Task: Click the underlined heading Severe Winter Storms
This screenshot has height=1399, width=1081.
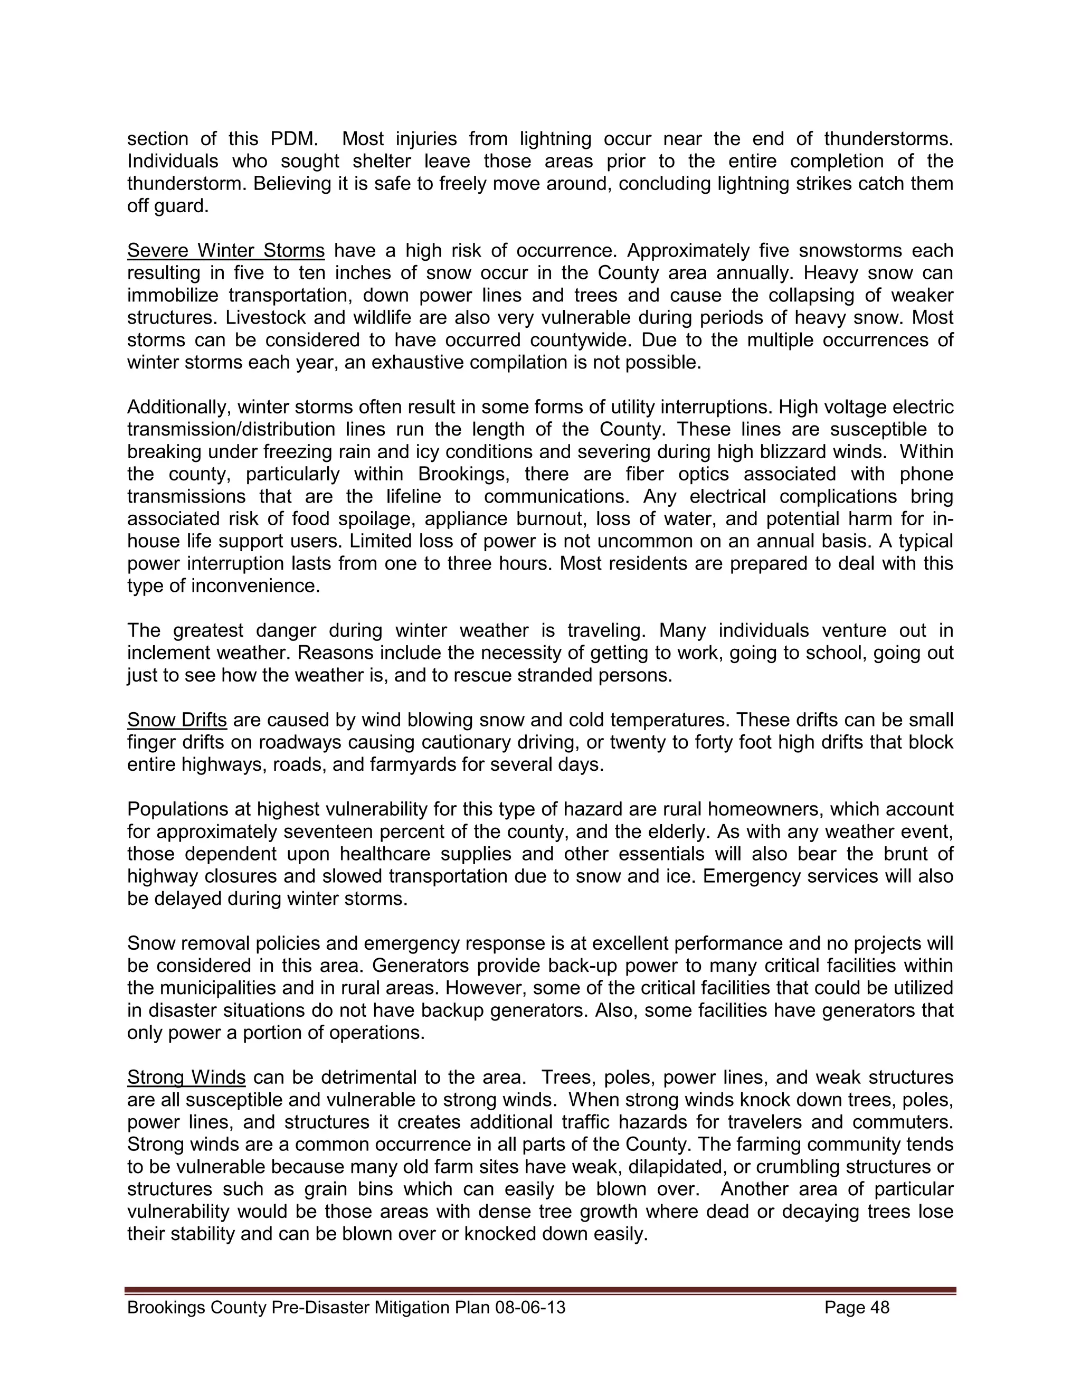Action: coord(225,250)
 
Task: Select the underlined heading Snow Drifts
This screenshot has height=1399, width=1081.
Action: coord(177,720)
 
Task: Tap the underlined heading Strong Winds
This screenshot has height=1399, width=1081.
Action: coord(186,1077)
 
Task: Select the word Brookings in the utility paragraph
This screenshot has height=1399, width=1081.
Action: coord(460,475)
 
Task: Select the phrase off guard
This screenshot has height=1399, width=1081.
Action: coord(168,206)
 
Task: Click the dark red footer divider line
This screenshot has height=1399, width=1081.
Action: coord(540,1290)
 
